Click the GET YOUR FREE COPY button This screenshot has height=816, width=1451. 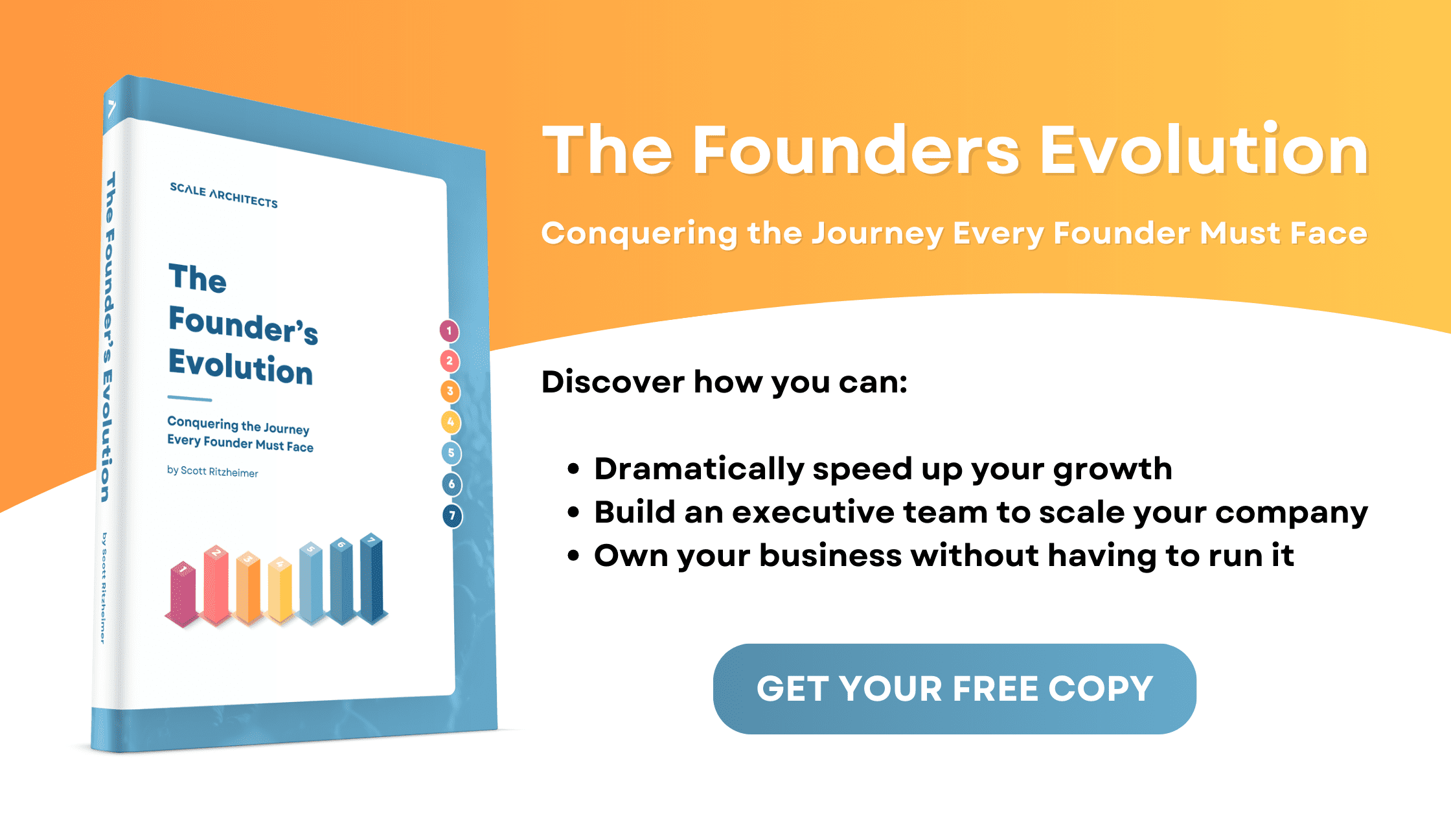coord(954,688)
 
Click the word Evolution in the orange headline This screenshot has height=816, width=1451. coord(1204,151)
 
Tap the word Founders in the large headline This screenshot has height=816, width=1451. coord(856,151)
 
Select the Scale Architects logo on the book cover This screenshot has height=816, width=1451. coord(223,195)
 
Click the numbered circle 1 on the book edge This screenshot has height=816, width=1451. coord(449,331)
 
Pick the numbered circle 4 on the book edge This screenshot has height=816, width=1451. coord(451,422)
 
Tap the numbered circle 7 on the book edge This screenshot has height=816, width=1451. coord(452,516)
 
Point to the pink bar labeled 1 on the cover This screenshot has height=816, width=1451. coord(183,593)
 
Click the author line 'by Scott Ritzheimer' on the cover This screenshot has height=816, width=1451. coord(212,471)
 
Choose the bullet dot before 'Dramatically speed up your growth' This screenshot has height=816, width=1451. coord(573,469)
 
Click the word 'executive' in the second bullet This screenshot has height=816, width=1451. coord(813,512)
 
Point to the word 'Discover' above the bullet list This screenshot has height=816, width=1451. coord(612,382)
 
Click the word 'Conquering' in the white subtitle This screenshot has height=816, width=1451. coord(639,234)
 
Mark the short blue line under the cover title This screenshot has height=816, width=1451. coord(189,398)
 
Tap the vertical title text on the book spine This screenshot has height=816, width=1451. coord(108,337)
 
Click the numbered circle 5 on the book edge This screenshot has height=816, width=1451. coord(451,453)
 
